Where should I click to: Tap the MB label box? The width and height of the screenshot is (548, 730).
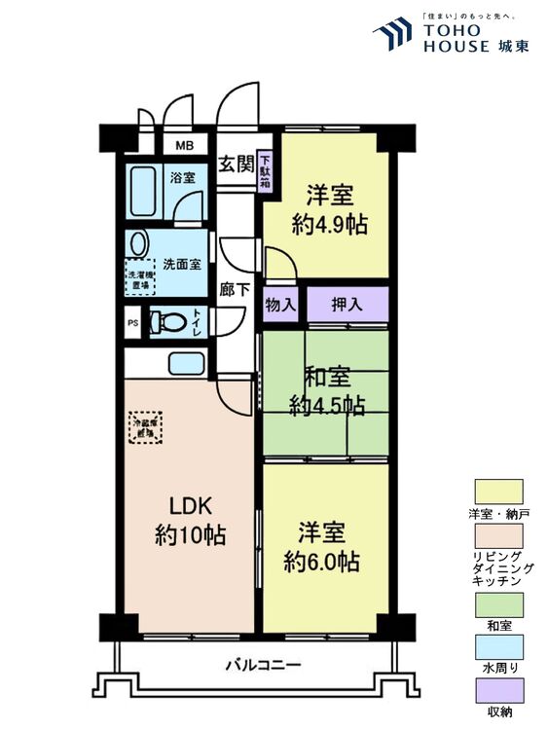click(184, 145)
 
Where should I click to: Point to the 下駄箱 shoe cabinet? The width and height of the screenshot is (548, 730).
click(265, 171)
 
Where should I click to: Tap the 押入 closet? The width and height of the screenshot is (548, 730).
click(347, 305)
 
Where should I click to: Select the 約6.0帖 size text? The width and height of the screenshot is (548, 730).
click(322, 562)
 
